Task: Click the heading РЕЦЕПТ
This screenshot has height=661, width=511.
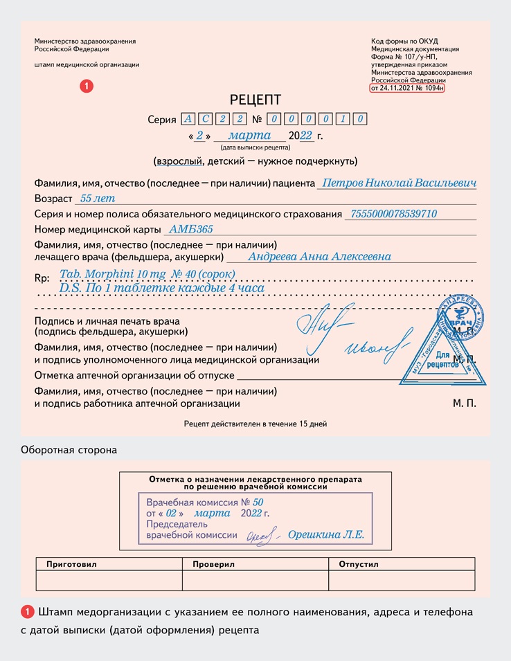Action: pos(256,100)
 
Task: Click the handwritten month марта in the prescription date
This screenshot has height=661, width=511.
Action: pos(249,136)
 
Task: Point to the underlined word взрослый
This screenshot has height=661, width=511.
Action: pos(180,161)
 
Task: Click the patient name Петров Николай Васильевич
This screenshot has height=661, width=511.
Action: pos(396,183)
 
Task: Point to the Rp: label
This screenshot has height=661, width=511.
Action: pos(42,278)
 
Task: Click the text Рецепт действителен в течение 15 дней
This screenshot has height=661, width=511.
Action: pos(256,424)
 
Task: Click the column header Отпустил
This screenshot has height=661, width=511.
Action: pos(359,564)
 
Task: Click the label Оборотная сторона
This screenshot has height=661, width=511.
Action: pos(69,450)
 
